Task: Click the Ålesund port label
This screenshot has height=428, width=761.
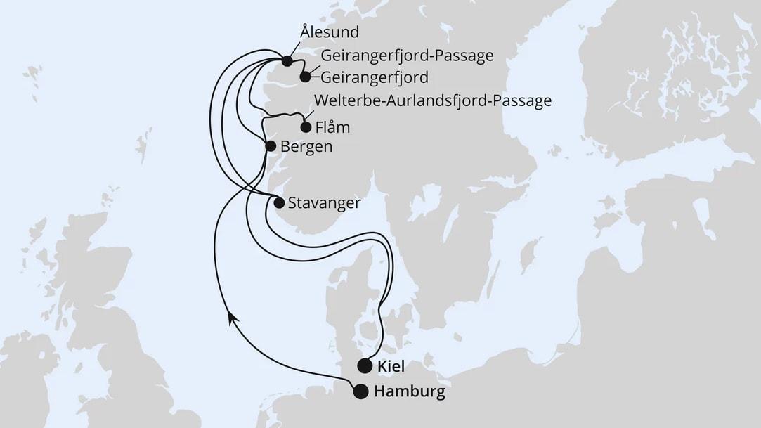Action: coord(330,32)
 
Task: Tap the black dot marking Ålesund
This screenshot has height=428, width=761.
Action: coord(287,60)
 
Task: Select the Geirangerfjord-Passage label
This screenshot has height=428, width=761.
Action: coord(407,56)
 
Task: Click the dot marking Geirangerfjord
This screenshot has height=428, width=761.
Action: coord(305,77)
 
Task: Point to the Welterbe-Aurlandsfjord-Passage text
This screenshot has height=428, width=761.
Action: coord(433,100)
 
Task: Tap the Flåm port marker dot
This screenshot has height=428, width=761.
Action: coord(305,128)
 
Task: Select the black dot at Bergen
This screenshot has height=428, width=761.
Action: coord(270,145)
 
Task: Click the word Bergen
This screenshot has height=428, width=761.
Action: coord(306,147)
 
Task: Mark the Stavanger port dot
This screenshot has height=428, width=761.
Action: coord(278,203)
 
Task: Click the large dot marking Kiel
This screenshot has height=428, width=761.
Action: coord(364,365)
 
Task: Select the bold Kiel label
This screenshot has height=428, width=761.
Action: coord(391,366)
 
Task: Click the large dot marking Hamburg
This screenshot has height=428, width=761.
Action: coord(360,392)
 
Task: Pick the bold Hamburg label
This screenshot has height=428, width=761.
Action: coord(410,392)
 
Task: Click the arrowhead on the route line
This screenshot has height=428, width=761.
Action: coord(231,319)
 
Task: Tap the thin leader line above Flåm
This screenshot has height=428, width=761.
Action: coord(309,115)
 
